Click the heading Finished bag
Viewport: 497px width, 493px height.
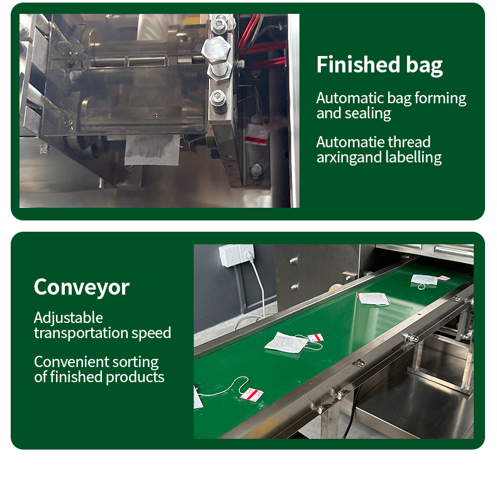[x=379, y=65]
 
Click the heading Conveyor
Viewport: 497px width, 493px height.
[x=82, y=287]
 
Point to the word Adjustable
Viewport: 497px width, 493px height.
[x=69, y=318]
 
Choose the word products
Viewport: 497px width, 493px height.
[x=135, y=378]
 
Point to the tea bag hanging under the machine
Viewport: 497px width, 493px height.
[x=152, y=150]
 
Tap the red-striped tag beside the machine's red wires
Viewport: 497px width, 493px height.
[x=257, y=133]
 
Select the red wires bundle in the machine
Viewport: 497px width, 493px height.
[x=261, y=45]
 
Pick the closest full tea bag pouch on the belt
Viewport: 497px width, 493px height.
[x=286, y=343]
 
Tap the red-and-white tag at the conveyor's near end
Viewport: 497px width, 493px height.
[x=252, y=395]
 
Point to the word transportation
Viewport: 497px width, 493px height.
[x=81, y=333]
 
